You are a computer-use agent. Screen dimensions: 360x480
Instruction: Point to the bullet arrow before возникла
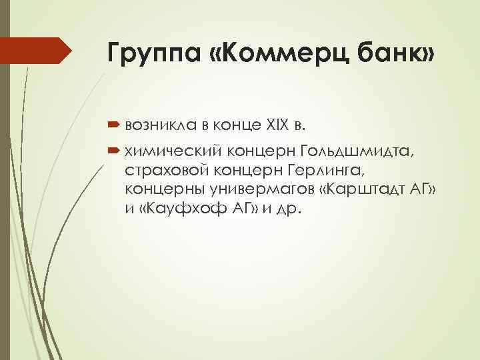click(112, 123)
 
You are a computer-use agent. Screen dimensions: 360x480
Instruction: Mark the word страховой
click(162, 173)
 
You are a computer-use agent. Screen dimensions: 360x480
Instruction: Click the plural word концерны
click(159, 191)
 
